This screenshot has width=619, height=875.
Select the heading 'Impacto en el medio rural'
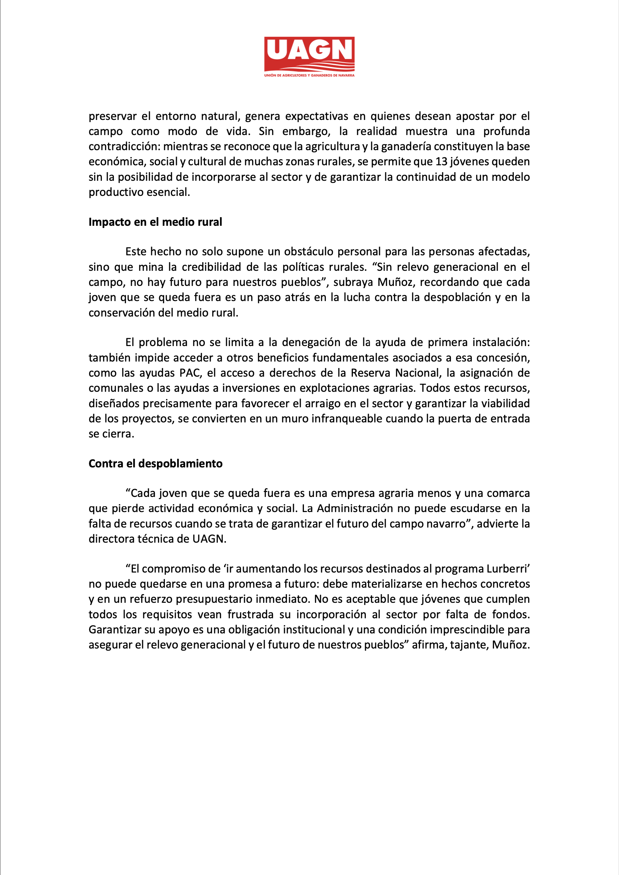155,222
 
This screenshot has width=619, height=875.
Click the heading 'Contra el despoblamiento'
156,463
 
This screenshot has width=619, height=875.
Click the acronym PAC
190,373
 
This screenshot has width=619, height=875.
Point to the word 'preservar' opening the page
112,116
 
